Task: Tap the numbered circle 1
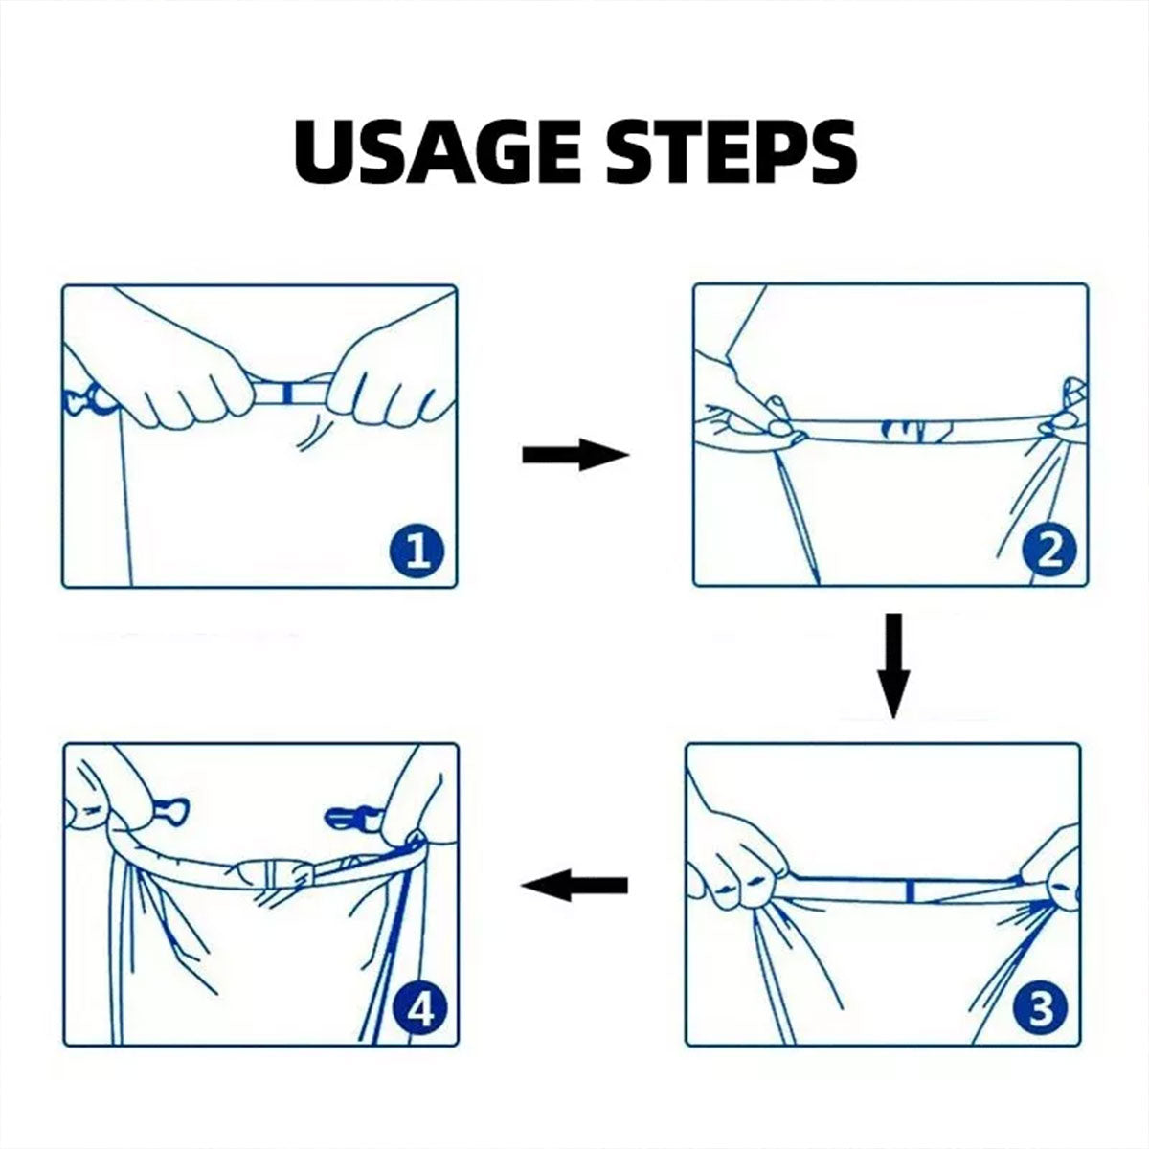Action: click(417, 552)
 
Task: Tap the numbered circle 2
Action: click(1048, 552)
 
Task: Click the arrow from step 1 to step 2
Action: click(575, 455)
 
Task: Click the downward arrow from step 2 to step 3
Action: click(893, 665)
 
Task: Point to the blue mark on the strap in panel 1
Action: click(287, 394)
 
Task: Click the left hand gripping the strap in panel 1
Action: click(179, 375)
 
